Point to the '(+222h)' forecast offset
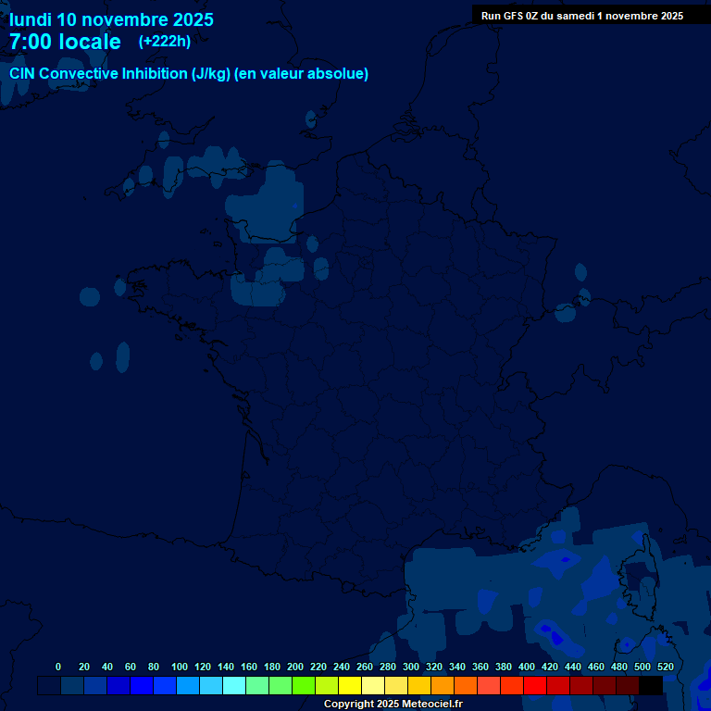tap(164, 42)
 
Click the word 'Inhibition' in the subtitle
tap(148, 74)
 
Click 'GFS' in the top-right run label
tap(514, 16)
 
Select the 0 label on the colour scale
tap(58, 667)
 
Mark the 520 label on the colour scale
tap(665, 667)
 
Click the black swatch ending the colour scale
tap(651, 685)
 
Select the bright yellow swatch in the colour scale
tap(350, 685)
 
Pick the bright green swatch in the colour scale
tap(304, 685)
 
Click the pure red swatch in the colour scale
tap(535, 685)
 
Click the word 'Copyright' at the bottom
tap(348, 705)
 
